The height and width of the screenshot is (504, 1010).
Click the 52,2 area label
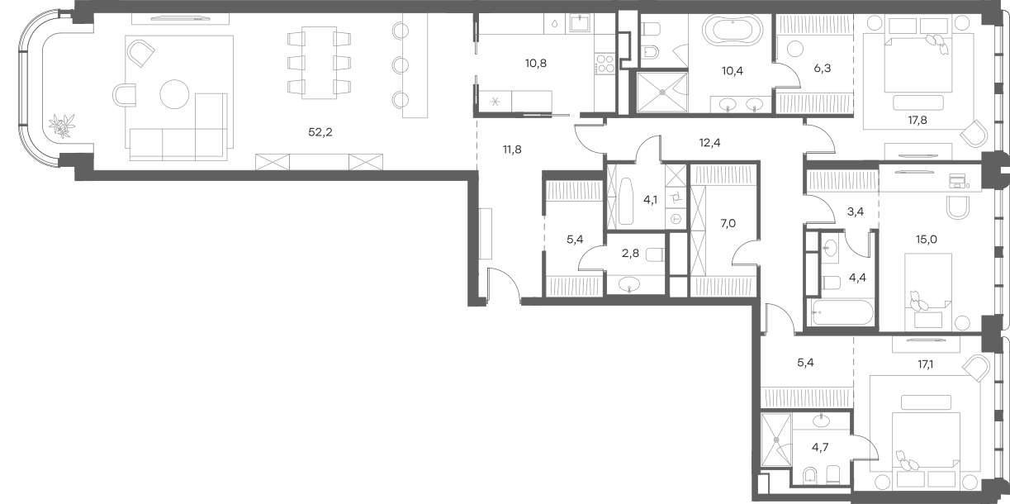click(x=320, y=132)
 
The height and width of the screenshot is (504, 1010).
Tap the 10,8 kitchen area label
click(x=536, y=63)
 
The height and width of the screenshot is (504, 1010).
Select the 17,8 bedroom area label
click(x=918, y=120)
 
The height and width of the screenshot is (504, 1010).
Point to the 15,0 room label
click(x=926, y=239)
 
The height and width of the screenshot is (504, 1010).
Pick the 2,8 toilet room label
click(x=630, y=253)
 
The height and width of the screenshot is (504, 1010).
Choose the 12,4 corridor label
click(x=709, y=143)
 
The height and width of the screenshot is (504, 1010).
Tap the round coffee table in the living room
click(x=174, y=94)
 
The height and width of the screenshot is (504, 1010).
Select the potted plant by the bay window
click(x=62, y=126)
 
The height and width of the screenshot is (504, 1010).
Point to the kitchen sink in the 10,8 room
click(x=581, y=22)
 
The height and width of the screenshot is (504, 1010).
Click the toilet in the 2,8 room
click(x=655, y=255)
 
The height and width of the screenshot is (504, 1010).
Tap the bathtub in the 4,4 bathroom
click(x=842, y=312)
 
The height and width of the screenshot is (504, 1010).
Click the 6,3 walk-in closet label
click(x=823, y=69)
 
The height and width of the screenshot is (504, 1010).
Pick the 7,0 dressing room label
click(x=728, y=223)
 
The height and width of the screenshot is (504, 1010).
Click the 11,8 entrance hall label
click(x=512, y=150)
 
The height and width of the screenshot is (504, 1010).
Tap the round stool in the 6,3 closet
click(x=794, y=49)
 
